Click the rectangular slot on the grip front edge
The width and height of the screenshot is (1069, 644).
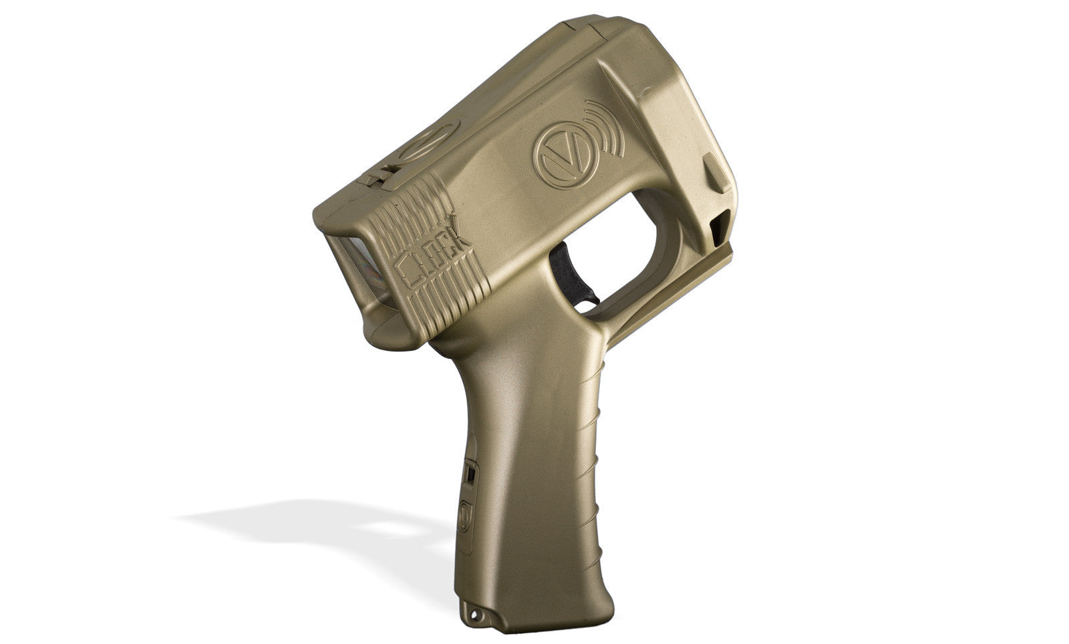pos(470,475)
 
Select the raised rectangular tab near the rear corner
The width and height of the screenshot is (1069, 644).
pos(716,172)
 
